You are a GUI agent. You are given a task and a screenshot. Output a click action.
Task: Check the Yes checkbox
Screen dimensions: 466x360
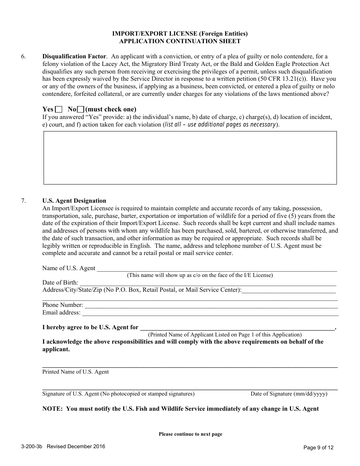(x=59, y=109)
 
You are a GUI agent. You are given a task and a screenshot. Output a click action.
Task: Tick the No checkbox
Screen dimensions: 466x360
(x=80, y=109)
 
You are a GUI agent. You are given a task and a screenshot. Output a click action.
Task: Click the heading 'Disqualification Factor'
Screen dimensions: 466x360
(x=74, y=57)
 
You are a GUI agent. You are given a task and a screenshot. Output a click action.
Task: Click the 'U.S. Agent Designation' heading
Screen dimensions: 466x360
(x=74, y=201)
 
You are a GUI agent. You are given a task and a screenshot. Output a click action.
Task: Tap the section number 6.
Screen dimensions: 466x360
(x=23, y=57)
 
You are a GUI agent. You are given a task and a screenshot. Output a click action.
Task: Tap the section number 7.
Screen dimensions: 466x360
(x=23, y=201)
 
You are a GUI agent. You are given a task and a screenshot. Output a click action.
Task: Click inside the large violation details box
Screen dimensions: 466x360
(x=190, y=158)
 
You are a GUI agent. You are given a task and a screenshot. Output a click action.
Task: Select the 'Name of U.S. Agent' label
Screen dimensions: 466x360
(x=69, y=268)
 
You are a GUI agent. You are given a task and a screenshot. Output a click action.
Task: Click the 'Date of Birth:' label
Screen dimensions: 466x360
(x=60, y=283)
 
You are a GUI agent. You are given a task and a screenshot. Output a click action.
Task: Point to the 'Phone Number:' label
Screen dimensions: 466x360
(x=63, y=305)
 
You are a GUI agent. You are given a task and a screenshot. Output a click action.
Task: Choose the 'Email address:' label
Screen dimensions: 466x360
(x=61, y=313)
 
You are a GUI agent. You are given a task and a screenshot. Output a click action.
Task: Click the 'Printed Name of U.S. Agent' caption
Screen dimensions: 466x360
(x=75, y=372)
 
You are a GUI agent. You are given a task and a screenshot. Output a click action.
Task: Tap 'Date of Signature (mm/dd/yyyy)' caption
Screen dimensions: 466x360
(x=289, y=394)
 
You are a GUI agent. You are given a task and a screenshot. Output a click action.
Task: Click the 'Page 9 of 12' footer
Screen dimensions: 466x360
(x=319, y=447)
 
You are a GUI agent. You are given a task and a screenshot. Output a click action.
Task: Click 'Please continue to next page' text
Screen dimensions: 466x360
(x=190, y=434)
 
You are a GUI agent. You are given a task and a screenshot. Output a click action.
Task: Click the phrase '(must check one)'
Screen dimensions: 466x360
(x=111, y=109)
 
